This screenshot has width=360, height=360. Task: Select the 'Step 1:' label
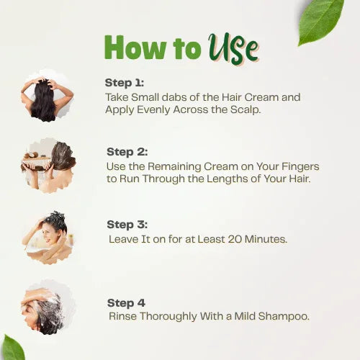(124, 83)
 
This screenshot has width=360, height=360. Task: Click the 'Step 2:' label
(126, 152)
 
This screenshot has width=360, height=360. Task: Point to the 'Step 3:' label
(126, 225)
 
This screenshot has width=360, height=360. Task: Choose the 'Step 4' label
(125, 303)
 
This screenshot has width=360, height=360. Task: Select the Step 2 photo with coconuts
(48, 164)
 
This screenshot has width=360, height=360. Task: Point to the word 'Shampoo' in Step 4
(285, 316)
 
